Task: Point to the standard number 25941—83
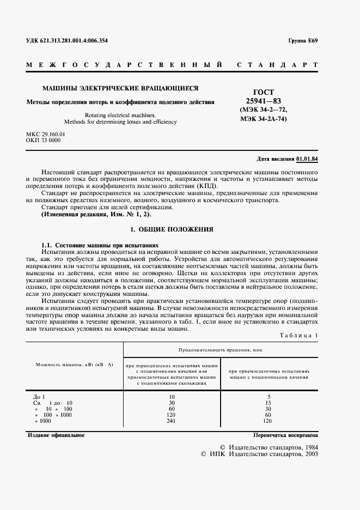tap(264, 101)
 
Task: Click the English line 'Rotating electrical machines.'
tap(120, 115)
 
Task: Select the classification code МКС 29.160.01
tap(46, 134)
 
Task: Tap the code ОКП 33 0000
tap(43, 141)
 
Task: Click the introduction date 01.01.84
tap(308, 159)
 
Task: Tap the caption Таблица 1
tap(298, 335)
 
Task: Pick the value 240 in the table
tap(172, 421)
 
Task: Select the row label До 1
tap(39, 397)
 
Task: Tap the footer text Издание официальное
tap(56, 435)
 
